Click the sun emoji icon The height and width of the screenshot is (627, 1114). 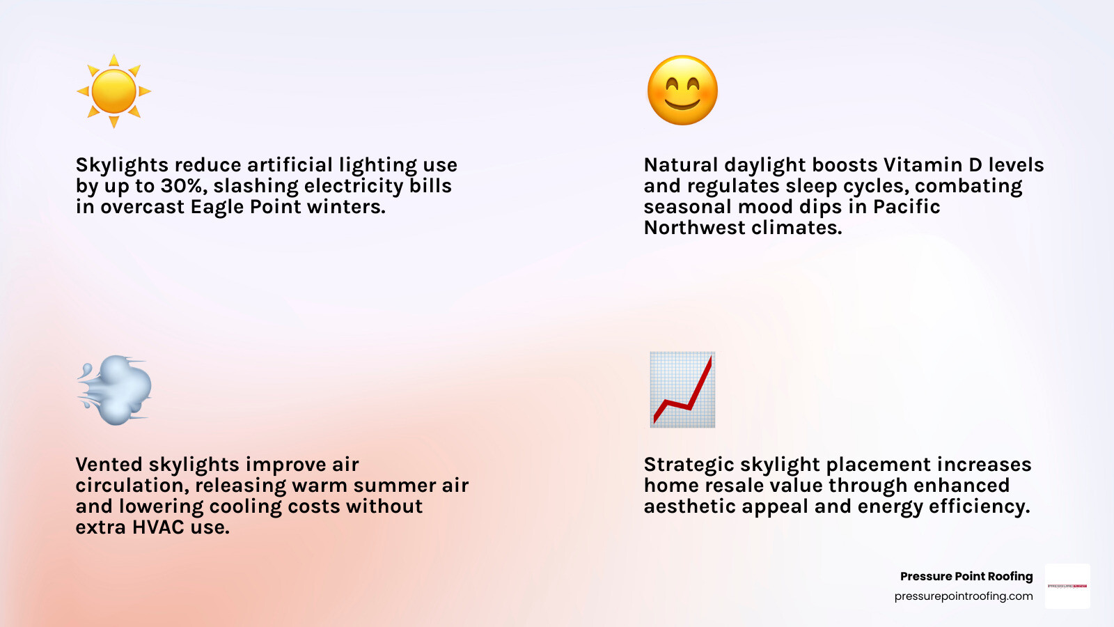pos(113,91)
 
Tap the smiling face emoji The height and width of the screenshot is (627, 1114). pos(682,91)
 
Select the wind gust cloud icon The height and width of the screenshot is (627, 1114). pos(115,390)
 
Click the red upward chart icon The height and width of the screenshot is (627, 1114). pos(682,389)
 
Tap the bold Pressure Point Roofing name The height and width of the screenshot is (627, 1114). pos(966,576)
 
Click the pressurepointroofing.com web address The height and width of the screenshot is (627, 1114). pos(963,596)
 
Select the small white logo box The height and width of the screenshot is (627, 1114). pos(1067,586)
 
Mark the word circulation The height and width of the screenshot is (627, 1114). pos(132,486)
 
